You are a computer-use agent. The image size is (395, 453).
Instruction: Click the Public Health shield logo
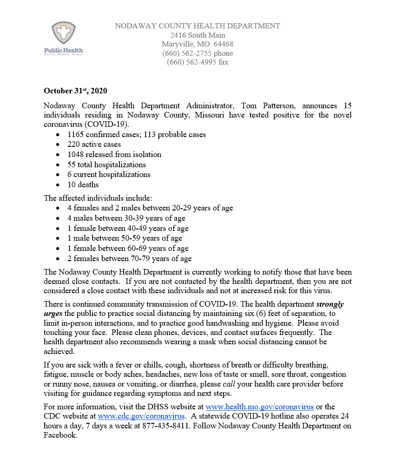[63, 34]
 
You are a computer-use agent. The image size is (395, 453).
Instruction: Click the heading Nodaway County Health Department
[197, 26]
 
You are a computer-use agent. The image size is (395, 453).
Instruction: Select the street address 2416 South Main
[197, 35]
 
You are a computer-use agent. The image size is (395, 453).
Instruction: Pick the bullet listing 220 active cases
[94, 144]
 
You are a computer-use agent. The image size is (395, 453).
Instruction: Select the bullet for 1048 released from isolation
[114, 155]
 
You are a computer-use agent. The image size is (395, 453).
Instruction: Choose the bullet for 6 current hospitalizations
[109, 175]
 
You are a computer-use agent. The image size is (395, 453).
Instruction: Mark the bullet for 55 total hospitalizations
[106, 164]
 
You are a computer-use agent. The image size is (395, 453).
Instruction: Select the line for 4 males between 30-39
[126, 218]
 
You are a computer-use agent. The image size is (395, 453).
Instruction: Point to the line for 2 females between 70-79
[129, 259]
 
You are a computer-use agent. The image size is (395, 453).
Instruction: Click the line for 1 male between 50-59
[125, 238]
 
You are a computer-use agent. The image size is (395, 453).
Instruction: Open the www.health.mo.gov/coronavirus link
[263, 407]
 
